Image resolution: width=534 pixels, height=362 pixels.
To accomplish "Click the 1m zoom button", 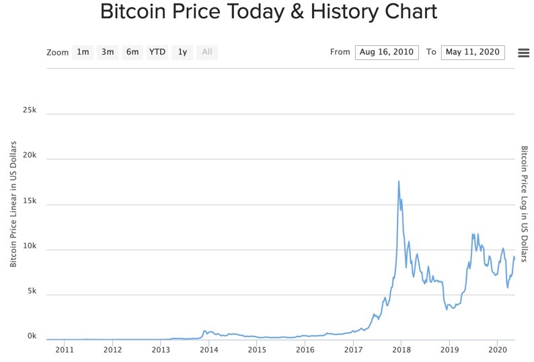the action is click(83, 52).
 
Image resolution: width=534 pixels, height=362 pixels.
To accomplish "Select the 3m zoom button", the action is click(108, 52).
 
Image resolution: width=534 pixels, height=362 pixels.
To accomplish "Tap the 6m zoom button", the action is click(132, 52).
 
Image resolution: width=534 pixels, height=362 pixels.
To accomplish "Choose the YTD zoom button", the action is click(157, 52).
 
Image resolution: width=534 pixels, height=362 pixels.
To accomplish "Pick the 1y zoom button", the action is click(182, 52).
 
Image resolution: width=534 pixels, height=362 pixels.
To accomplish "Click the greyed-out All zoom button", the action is click(207, 52).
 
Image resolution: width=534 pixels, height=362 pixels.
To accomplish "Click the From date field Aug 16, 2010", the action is click(387, 52).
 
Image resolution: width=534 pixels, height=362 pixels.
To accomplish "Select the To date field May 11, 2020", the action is click(473, 52).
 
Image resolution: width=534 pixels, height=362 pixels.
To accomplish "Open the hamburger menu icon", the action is click(523, 53).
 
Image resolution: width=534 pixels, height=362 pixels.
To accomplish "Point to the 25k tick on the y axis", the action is click(30, 110).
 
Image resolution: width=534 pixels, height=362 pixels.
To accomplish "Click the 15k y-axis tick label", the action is click(30, 201).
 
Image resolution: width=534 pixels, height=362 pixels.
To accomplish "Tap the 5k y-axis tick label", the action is click(32, 291).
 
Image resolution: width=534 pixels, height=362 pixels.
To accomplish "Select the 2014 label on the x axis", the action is click(208, 350).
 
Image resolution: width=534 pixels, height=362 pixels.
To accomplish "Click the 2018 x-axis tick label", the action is click(402, 350).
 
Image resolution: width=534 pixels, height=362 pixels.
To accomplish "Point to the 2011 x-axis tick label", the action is click(65, 350).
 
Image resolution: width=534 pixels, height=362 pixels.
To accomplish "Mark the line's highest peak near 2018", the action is click(399, 181).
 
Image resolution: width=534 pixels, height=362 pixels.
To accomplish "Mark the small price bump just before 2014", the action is click(205, 331).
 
